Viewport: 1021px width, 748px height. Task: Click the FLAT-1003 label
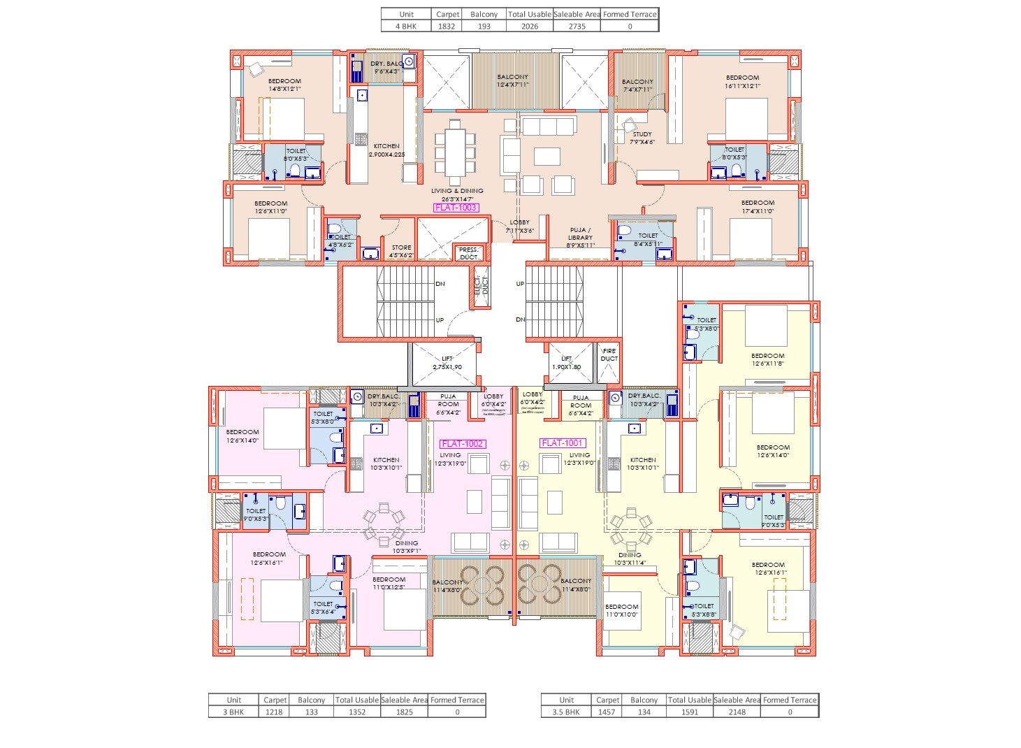click(456, 208)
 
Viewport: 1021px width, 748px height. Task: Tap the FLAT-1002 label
click(462, 444)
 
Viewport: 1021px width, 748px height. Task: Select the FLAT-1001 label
click(563, 443)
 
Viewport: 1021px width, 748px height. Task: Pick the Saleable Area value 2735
click(577, 27)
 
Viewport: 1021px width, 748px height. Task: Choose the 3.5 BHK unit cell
click(566, 712)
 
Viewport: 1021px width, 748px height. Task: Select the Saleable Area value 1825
click(404, 712)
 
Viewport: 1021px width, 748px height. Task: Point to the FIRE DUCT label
click(609, 355)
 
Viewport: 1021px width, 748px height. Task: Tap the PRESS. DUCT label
click(469, 253)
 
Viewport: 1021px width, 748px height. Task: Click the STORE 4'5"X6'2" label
click(401, 252)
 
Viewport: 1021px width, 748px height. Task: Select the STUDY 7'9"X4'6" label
click(642, 138)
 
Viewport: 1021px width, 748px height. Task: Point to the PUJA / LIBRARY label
click(580, 238)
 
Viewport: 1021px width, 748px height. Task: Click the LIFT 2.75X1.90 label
click(447, 363)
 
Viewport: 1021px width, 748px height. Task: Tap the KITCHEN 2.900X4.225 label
click(386, 150)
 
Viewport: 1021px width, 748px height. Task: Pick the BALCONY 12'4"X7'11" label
click(512, 80)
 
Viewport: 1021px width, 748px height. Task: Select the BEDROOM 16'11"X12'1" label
click(742, 82)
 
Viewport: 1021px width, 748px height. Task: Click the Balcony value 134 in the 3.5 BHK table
click(644, 712)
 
